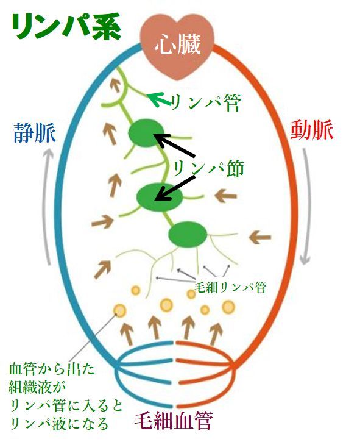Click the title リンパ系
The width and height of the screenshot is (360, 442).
point(66,27)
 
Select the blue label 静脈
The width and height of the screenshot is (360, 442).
point(34,132)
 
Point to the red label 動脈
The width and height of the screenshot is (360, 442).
point(312,130)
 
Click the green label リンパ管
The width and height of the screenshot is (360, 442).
point(205,102)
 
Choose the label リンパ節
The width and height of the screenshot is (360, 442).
point(208,168)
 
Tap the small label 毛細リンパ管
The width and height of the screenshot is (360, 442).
point(230,288)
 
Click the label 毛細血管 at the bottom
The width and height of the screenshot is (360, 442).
point(174,421)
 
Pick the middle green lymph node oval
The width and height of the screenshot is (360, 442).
point(159,198)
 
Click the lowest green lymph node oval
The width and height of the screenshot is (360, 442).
point(188,235)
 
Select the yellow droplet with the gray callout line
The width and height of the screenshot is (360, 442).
point(120,310)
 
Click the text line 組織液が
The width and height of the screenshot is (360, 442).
point(37,387)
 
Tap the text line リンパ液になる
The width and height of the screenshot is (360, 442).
point(59,423)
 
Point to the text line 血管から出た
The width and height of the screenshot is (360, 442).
point(52,369)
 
